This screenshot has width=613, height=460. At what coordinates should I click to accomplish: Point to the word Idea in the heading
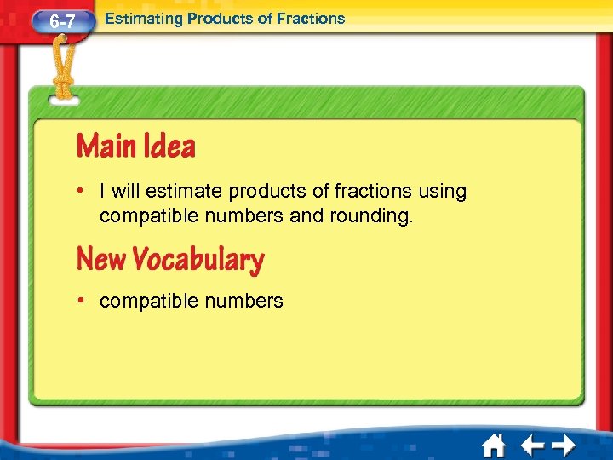pos(169,147)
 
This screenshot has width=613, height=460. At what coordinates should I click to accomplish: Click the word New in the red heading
pos(101,259)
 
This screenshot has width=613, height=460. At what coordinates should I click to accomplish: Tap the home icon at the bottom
pos(493,446)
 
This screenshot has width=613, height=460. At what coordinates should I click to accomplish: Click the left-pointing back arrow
pos(533,446)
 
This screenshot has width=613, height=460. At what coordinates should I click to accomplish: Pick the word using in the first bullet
pos(442,192)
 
